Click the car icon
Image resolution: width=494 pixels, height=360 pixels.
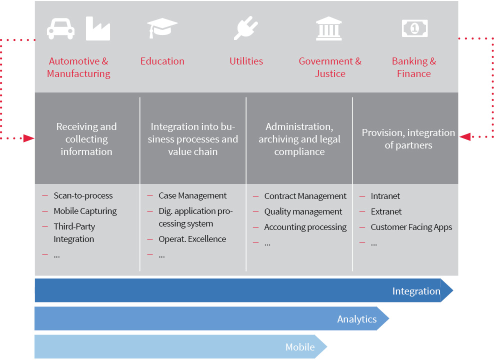coord(61,28)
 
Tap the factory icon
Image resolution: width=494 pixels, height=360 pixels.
coord(98,28)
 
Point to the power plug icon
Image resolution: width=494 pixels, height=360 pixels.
coord(245,28)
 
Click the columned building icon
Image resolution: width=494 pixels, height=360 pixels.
coord(329,28)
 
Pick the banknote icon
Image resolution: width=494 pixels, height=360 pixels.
coord(415,28)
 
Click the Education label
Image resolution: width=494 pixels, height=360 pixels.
coord(162,61)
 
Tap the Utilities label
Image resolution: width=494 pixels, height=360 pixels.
coord(246,61)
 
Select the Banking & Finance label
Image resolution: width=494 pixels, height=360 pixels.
coord(414,67)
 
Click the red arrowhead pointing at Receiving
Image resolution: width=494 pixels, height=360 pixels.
coord(29,138)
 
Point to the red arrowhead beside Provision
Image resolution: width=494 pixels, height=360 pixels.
coord(464,136)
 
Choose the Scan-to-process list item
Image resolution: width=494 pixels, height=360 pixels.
coord(83,195)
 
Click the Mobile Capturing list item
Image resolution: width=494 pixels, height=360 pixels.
coord(85,211)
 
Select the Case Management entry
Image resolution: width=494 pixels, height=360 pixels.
coord(192,195)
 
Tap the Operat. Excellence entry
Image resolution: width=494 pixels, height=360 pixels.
coord(192,239)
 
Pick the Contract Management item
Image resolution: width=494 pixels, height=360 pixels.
coord(305,196)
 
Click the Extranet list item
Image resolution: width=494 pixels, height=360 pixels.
coord(386,211)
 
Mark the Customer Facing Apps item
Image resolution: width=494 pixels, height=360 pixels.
coord(411,227)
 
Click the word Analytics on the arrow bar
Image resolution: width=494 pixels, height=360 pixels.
coord(357,319)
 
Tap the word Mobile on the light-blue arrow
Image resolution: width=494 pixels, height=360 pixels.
coord(300,347)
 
